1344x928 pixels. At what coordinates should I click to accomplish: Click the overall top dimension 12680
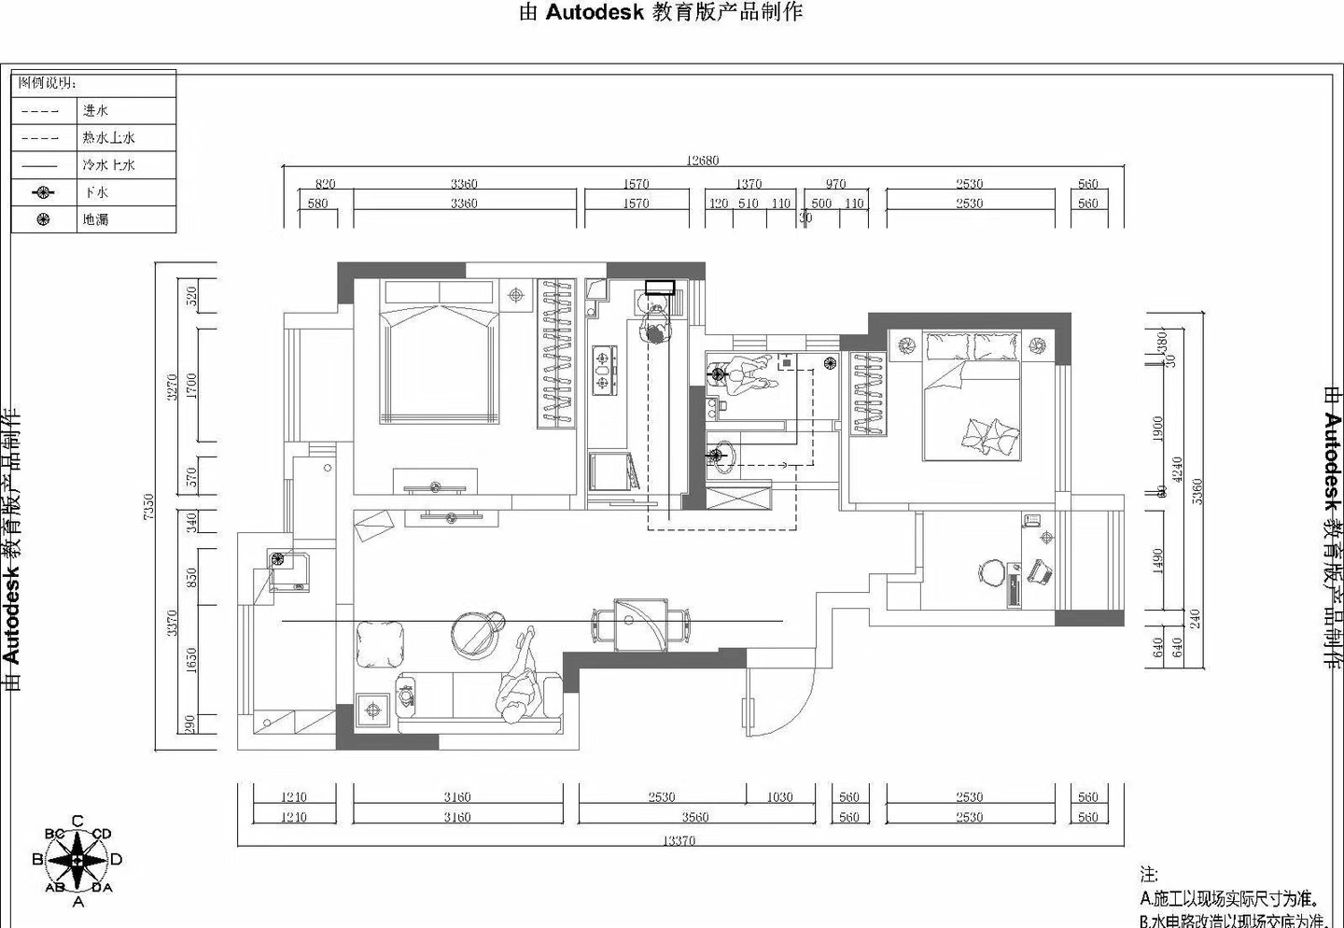[x=702, y=161]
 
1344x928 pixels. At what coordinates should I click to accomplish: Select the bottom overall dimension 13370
[x=679, y=840]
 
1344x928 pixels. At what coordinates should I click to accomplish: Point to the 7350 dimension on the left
[x=149, y=507]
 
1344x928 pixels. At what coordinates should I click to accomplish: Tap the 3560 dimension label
[x=694, y=817]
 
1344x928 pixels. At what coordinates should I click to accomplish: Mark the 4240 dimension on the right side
[x=1178, y=469]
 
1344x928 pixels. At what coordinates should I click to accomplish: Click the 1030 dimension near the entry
[x=779, y=796]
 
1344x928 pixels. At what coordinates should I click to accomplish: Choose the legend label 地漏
[x=95, y=219]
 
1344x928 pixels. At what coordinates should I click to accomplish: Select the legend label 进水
[x=95, y=110]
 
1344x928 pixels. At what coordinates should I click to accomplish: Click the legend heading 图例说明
[x=47, y=83]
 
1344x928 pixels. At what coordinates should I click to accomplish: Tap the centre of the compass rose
[x=78, y=859]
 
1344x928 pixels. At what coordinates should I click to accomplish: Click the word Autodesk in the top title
[x=595, y=12]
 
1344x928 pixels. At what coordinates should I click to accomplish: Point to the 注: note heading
[x=1148, y=875]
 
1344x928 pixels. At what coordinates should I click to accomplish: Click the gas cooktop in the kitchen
[x=604, y=368]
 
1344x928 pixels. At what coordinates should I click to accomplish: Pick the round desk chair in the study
[x=992, y=570]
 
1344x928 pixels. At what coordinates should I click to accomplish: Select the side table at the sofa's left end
[x=373, y=710]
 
